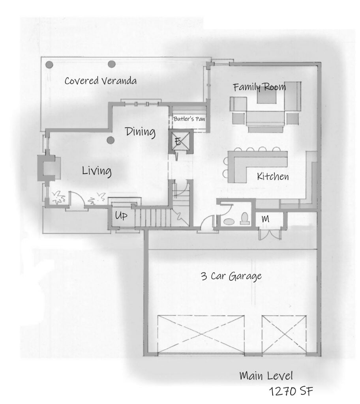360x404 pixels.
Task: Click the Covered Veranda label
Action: click(x=101, y=81)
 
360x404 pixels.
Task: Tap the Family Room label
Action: click(x=259, y=87)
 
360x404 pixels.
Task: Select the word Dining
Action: click(x=140, y=132)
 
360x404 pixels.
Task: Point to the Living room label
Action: click(x=97, y=171)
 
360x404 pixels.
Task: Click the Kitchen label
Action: click(x=272, y=176)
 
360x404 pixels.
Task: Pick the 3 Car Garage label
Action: click(x=231, y=276)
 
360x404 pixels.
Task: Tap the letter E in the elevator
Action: click(x=178, y=142)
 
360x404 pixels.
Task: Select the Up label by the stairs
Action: click(x=121, y=216)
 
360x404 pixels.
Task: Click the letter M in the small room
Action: click(x=266, y=219)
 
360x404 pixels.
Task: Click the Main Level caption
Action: click(x=266, y=376)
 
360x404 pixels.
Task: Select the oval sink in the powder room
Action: click(x=228, y=222)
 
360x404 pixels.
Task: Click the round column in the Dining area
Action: click(x=111, y=140)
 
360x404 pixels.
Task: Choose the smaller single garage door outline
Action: click(x=284, y=334)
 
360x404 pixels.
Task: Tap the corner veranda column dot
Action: click(x=49, y=64)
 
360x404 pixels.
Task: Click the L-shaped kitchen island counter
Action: click(x=253, y=164)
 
